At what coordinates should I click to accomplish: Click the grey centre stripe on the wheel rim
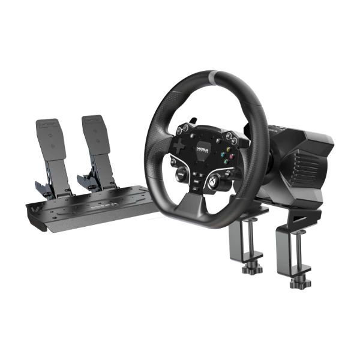(x=215, y=77)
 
